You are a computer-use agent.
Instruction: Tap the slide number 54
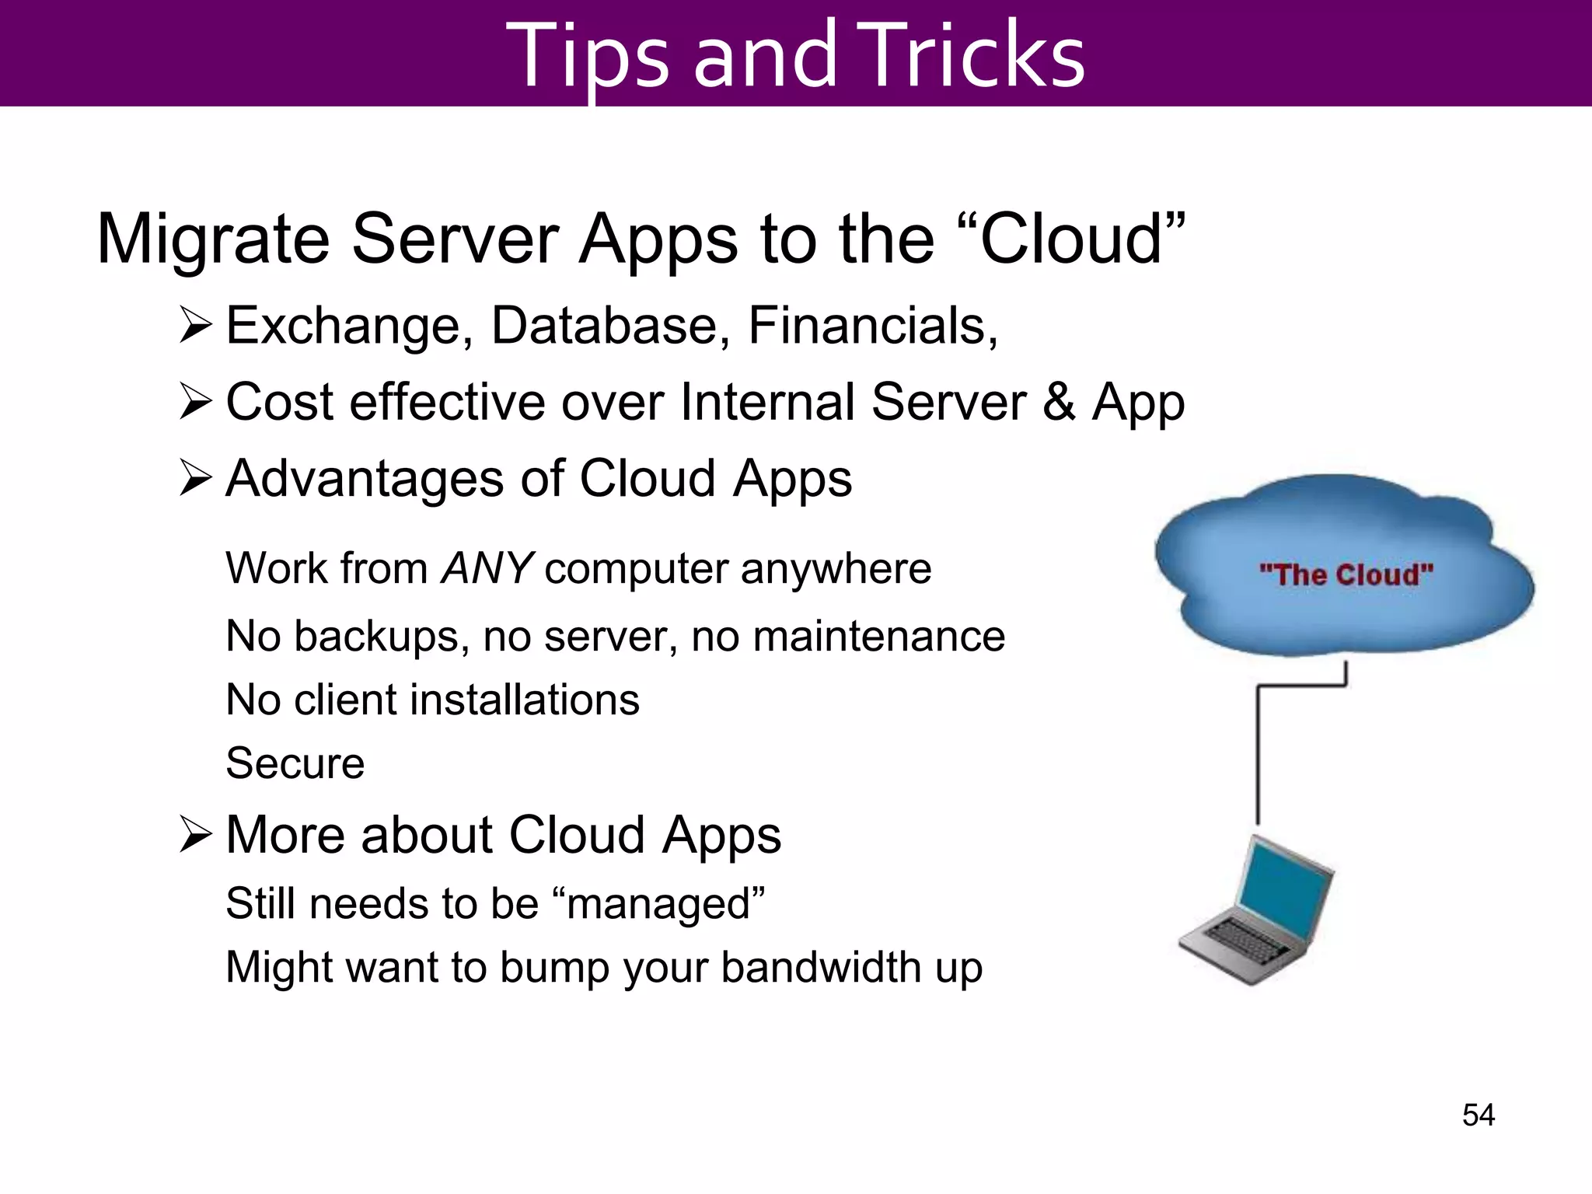tap(1478, 1115)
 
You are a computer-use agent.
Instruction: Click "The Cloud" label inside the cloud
tap(1346, 575)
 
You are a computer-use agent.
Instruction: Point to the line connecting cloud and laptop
tap(1259, 754)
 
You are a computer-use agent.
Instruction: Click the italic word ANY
tap(487, 568)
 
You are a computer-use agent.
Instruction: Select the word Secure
tap(295, 763)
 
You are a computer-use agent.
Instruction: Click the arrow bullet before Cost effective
tap(195, 402)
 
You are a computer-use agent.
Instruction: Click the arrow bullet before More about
tap(195, 835)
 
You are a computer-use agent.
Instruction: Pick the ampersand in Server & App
tap(1059, 402)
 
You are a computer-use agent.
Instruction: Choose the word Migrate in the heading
tap(213, 239)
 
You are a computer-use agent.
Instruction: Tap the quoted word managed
tap(659, 904)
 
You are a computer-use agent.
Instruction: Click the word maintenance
tap(879, 636)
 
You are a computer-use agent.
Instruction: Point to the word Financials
tap(872, 326)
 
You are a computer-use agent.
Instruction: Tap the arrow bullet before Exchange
tap(195, 326)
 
